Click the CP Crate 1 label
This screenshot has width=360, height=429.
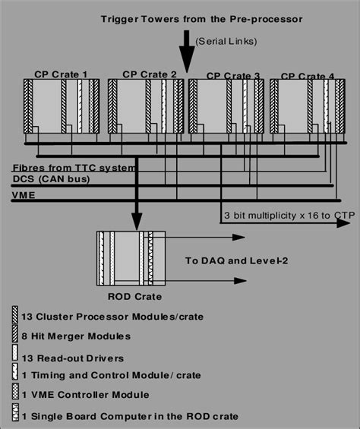pos(62,74)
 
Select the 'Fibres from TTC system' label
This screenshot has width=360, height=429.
pos(73,167)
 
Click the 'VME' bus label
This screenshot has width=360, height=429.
pos(23,195)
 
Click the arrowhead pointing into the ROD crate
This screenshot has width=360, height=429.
pos(136,224)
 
